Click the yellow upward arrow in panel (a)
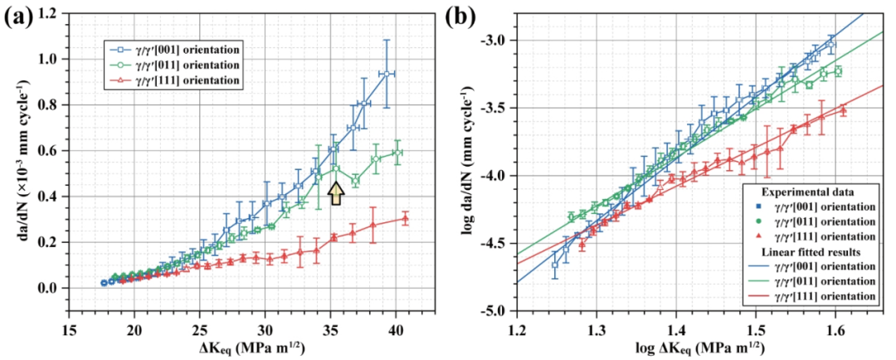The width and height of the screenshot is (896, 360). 336,194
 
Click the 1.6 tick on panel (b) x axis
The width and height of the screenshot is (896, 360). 834,326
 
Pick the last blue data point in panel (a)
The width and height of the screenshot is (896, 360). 387,74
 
